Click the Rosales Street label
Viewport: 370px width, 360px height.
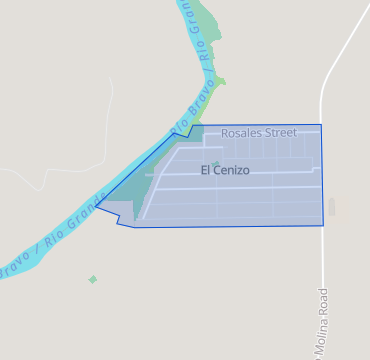pos(259,132)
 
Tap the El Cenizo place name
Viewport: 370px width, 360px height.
pos(225,170)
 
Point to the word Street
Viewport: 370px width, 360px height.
pos(280,132)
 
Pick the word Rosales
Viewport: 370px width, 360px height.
pos(240,132)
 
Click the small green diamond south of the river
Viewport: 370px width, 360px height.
pos(93,279)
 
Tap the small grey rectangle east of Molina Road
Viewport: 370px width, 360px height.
pos(332,206)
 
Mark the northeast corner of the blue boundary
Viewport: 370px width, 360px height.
pos(321,125)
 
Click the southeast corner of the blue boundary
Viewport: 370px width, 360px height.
pos(323,225)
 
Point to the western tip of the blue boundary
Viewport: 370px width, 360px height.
pos(96,206)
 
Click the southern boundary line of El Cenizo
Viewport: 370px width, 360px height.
pos(230,226)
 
